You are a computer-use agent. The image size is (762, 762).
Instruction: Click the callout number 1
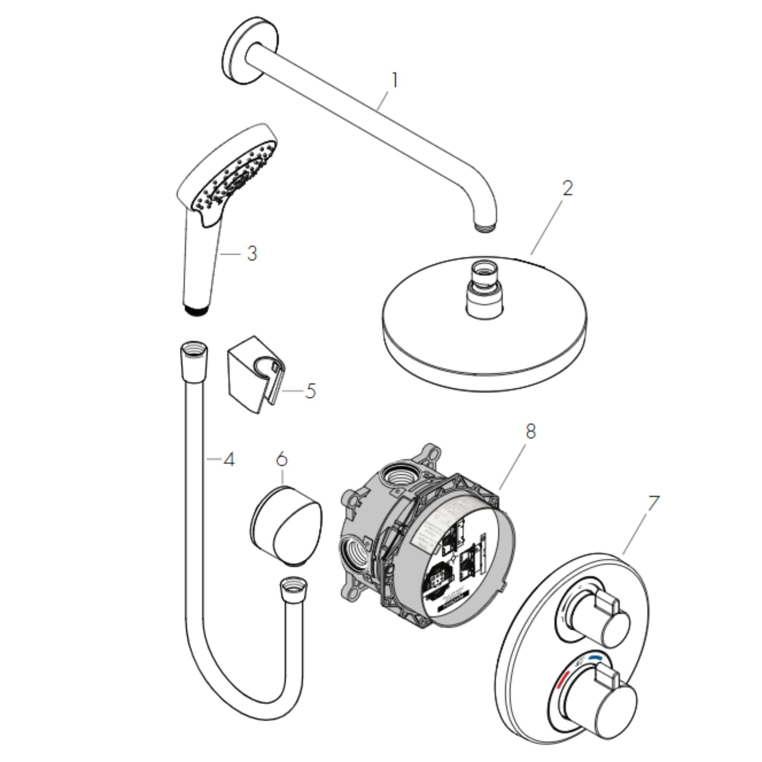pos(394,80)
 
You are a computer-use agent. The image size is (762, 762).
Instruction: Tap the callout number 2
pos(567,188)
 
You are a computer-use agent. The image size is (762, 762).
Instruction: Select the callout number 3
pos(252,254)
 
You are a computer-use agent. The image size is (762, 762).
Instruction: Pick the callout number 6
pos(282,459)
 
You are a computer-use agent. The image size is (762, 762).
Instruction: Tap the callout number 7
pos(653,503)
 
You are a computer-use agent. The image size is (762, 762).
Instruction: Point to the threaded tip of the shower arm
pos(485,227)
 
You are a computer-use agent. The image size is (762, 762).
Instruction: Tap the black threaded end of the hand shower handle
pos(196,309)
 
